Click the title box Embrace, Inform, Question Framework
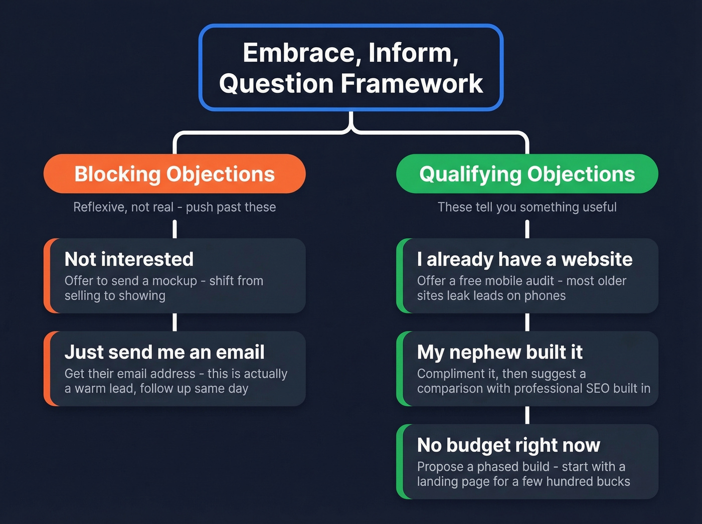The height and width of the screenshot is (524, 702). pyautogui.click(x=351, y=68)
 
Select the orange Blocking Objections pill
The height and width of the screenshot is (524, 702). pyautogui.click(x=174, y=174)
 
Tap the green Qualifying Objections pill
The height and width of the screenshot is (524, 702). pyautogui.click(x=527, y=174)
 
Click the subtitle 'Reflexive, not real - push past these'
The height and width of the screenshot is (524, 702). pyautogui.click(x=174, y=207)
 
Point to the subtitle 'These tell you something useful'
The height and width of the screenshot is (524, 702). pyautogui.click(x=527, y=207)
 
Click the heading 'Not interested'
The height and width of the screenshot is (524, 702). pyautogui.click(x=129, y=259)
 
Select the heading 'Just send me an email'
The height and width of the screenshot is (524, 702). pyautogui.click(x=164, y=352)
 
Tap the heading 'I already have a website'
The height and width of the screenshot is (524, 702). pyautogui.click(x=524, y=259)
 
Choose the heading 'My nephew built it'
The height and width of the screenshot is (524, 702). pyautogui.click(x=499, y=352)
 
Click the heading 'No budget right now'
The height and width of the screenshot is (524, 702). pyautogui.click(x=508, y=445)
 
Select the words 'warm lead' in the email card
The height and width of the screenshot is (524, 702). pyautogui.click(x=104, y=389)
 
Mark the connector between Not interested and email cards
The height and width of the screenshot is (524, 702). pyautogui.click(x=174, y=322)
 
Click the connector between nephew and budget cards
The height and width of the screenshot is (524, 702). pyautogui.click(x=527, y=415)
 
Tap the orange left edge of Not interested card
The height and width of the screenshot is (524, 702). pyautogui.click(x=47, y=276)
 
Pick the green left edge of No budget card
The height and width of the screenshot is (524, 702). pyautogui.click(x=400, y=461)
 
